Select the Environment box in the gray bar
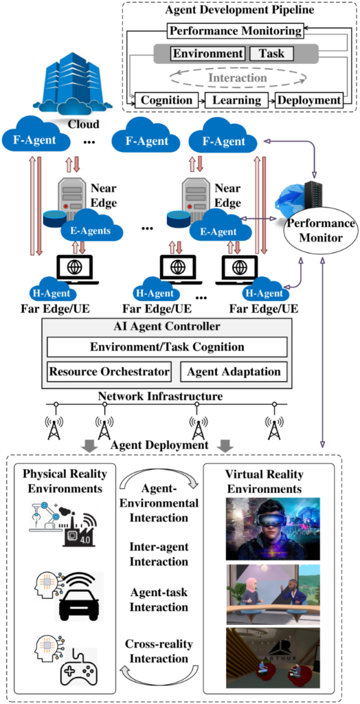(208, 54)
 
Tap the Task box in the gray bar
(271, 54)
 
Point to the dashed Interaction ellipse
(237, 78)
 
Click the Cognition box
(166, 100)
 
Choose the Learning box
(236, 100)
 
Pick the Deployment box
(308, 100)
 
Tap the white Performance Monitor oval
(320, 231)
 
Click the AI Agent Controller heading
(166, 327)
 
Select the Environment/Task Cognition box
(166, 347)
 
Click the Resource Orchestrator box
(109, 372)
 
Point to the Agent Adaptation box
(234, 372)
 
